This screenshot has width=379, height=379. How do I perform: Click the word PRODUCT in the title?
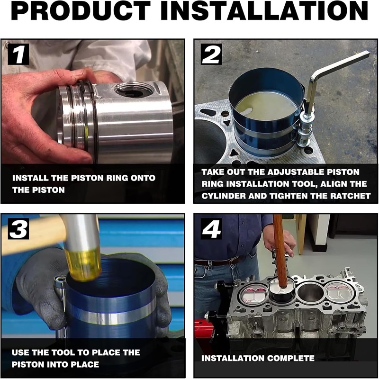click(81, 11)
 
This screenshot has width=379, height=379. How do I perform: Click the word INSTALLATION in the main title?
click(264, 11)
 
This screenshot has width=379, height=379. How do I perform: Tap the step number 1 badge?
click(18, 54)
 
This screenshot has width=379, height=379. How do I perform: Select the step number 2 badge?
click(211, 54)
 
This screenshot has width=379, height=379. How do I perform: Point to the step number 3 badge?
click(18, 229)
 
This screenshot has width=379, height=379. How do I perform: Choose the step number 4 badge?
click(211, 229)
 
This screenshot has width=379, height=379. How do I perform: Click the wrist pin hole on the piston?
click(134, 90)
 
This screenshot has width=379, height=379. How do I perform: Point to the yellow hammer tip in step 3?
click(83, 265)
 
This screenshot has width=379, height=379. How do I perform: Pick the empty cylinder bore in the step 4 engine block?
click(311, 292)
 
